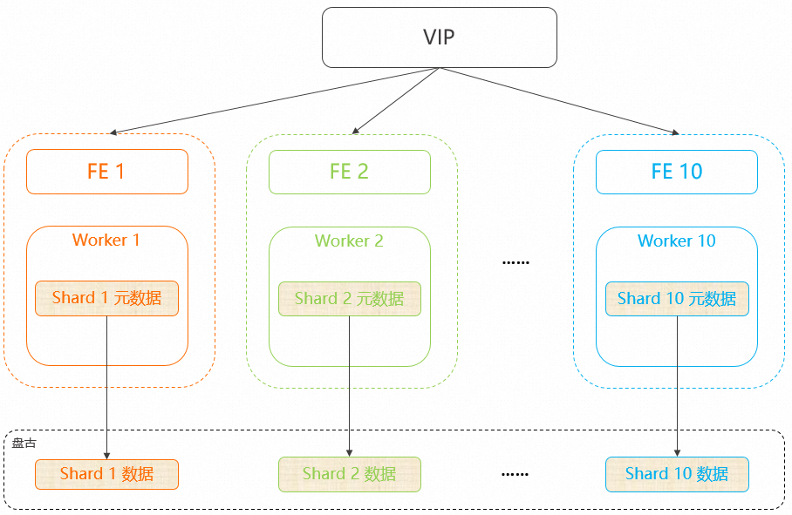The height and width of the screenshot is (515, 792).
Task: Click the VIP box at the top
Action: click(440, 37)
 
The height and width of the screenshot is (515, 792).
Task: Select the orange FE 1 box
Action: click(107, 172)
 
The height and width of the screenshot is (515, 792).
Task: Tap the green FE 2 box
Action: click(350, 172)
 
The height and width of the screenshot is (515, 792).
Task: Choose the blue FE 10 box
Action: click(677, 172)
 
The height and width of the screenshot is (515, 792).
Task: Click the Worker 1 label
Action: click(106, 241)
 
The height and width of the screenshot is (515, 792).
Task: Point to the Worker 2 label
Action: click(349, 241)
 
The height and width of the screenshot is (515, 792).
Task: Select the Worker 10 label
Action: click(677, 241)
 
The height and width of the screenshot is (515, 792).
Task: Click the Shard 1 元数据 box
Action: click(106, 299)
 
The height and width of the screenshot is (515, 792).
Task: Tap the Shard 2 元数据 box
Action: click(350, 299)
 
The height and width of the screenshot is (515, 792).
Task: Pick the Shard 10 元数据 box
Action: click(677, 299)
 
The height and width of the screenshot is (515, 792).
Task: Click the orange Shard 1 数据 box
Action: click(106, 474)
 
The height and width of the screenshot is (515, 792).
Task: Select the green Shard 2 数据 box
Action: click(350, 474)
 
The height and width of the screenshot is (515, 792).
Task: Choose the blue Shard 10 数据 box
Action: click(677, 474)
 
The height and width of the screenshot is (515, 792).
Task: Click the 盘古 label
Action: click(24, 444)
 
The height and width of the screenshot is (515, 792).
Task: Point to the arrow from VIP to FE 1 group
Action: click(275, 100)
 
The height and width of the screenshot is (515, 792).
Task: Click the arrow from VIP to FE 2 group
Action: click(395, 101)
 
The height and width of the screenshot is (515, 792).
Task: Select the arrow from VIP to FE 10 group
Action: click(559, 101)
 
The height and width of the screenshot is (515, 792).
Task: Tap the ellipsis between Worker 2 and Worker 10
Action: click(515, 262)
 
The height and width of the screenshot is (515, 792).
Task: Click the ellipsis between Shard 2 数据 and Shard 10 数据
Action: click(515, 474)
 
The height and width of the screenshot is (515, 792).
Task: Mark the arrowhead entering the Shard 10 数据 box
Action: click(678, 453)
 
